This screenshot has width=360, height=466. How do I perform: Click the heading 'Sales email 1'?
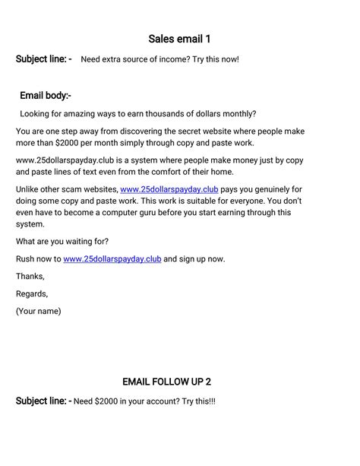(179, 39)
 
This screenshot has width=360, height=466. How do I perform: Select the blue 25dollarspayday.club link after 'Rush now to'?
(112, 259)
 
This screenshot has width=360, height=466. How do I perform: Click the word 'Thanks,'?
(30, 277)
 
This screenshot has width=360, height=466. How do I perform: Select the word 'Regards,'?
(32, 293)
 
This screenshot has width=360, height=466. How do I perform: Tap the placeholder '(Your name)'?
(39, 311)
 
